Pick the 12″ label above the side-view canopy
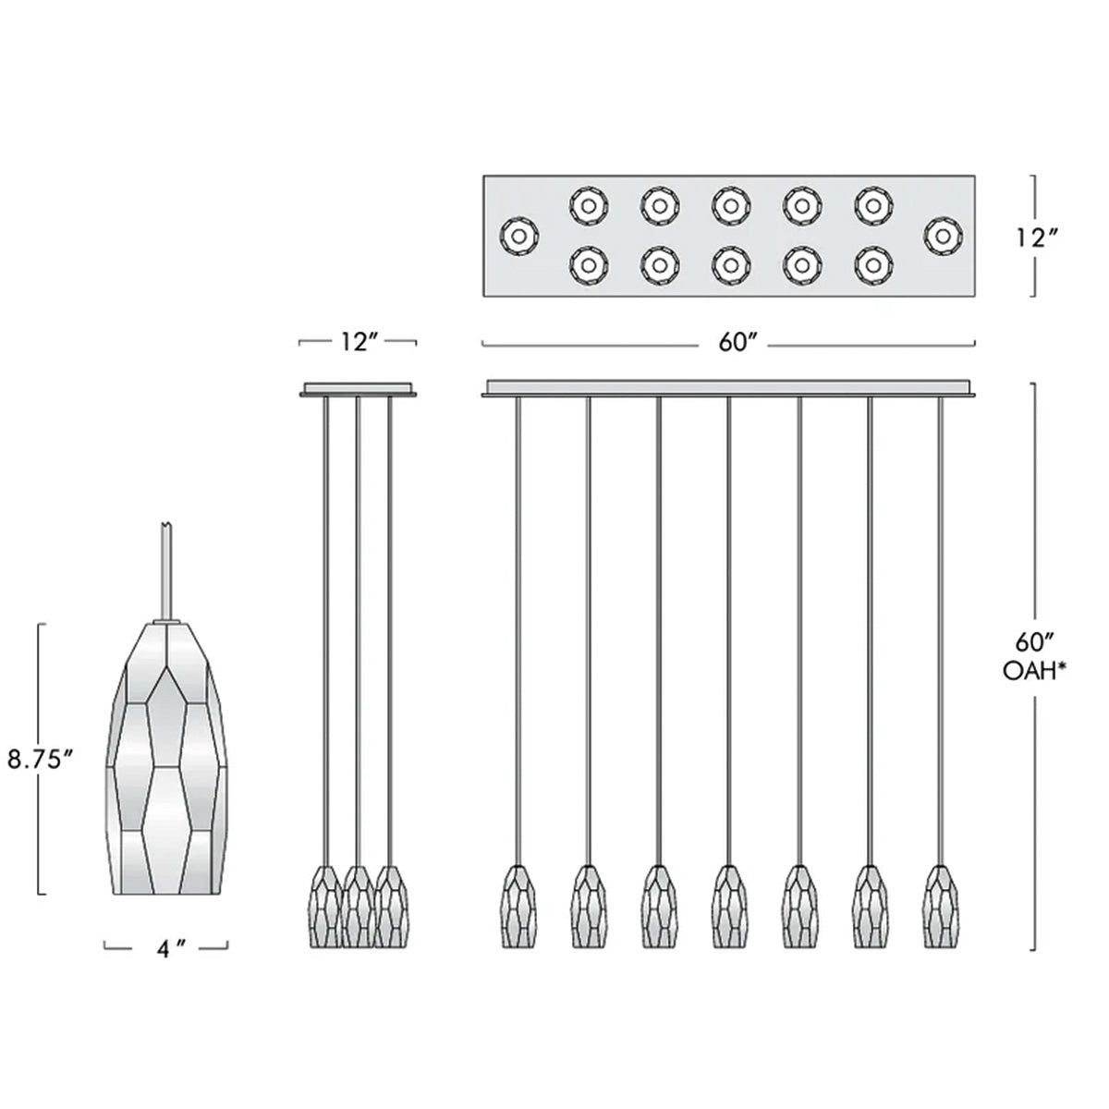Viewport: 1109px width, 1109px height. pyautogui.click(x=357, y=343)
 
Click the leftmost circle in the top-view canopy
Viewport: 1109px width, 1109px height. pyautogui.click(x=518, y=237)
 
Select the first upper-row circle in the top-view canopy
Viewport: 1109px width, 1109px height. pyautogui.click(x=588, y=204)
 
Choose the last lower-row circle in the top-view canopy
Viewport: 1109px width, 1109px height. pyautogui.click(x=872, y=265)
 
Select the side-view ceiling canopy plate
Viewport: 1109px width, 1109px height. pyautogui.click(x=358, y=390)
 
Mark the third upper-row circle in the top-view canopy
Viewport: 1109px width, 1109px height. pyautogui.click(x=729, y=204)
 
